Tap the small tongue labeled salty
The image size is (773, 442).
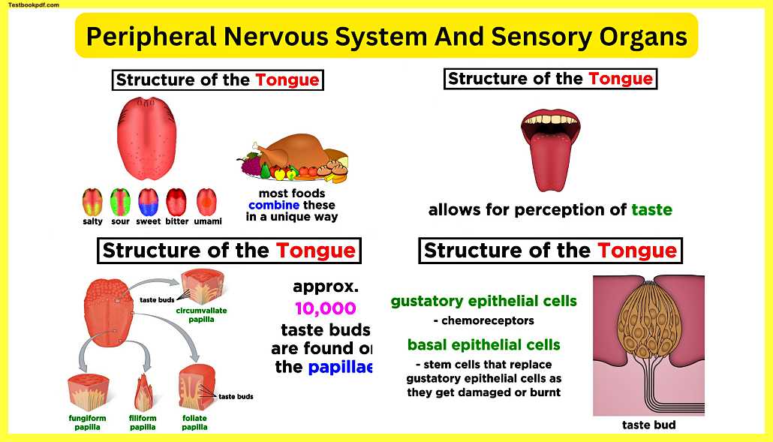(92, 203)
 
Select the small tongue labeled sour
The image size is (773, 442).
(120, 203)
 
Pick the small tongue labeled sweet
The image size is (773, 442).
(148, 203)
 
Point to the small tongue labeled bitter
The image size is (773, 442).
(177, 203)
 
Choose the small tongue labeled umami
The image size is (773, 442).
(206, 203)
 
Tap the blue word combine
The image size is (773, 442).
(274, 206)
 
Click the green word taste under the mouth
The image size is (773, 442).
(651, 210)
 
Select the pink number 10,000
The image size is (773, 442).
(325, 308)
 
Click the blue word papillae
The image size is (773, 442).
(340, 367)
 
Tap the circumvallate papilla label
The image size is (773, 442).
(201, 314)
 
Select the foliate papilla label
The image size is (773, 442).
(194, 422)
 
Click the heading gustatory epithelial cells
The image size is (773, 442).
(483, 302)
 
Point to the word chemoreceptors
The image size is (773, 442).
(483, 321)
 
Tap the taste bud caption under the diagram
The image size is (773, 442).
(648, 425)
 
